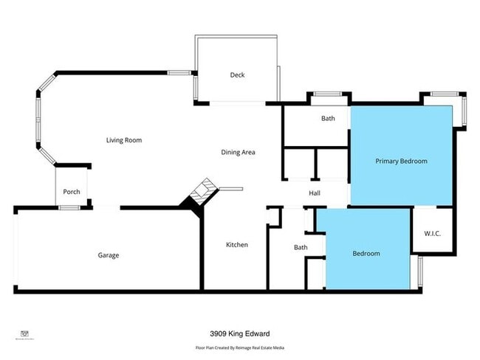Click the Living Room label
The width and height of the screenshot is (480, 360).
point(123,140)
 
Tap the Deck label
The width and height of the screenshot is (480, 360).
point(237,75)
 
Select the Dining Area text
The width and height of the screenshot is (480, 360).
point(238,153)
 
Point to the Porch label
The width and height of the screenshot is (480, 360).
point(72,193)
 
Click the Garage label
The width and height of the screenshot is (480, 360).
point(109,255)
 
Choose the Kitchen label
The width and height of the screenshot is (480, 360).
point(237,245)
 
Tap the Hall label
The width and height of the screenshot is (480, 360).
point(315,193)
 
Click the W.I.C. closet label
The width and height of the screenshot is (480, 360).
point(433,234)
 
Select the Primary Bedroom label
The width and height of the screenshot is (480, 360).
point(401,161)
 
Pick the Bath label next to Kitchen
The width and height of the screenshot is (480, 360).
point(301,248)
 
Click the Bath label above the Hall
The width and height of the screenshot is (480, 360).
point(328,119)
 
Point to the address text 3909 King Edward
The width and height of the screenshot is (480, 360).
point(240,334)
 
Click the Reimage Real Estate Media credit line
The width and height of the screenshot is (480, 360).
point(240,347)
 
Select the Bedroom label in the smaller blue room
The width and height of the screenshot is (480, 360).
point(366,254)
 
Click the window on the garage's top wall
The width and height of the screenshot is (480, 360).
point(70,208)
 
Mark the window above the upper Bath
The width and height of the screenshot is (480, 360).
point(328,94)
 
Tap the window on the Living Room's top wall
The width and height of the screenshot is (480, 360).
point(179,72)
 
